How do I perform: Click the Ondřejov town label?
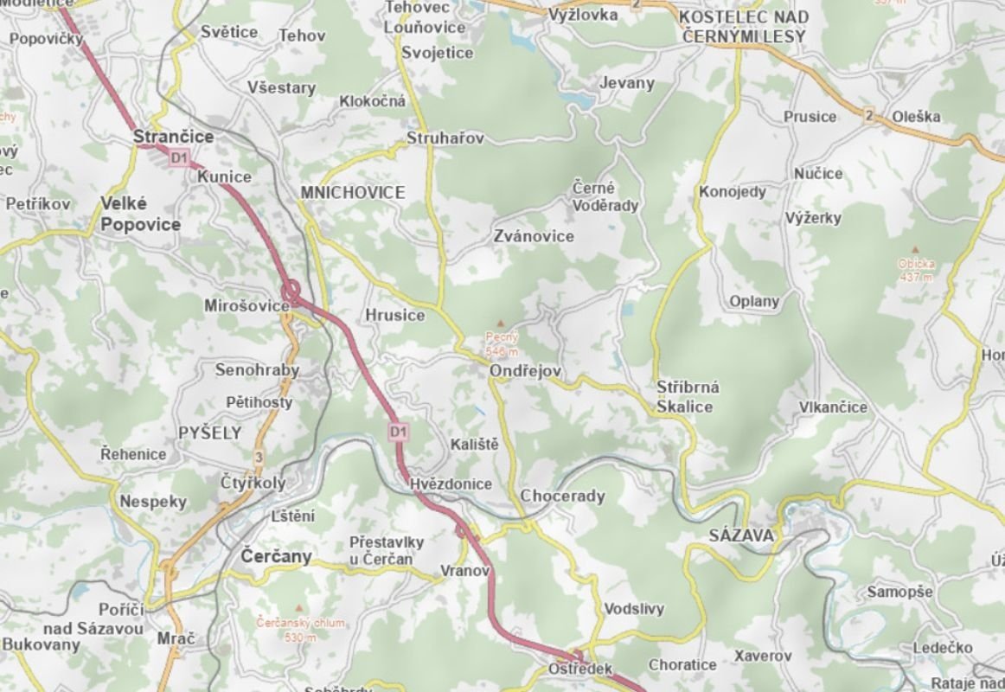point(525,371)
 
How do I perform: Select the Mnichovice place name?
point(352,192)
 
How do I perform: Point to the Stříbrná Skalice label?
point(688,397)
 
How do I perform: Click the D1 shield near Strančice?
point(179,157)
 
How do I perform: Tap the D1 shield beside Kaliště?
point(398,431)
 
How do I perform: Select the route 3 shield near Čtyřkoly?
point(258,457)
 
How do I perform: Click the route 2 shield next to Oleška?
point(867,116)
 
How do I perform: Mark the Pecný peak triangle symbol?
point(500,323)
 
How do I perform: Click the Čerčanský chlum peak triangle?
point(300,608)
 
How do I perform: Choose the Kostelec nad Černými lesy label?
point(744,27)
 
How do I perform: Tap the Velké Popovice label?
point(140,214)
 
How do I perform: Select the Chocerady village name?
point(562,497)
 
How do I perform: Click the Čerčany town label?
point(276,556)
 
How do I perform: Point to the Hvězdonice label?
point(451,484)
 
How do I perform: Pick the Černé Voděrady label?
point(605,196)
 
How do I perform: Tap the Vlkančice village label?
point(833,407)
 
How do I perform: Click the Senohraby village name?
point(257,370)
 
